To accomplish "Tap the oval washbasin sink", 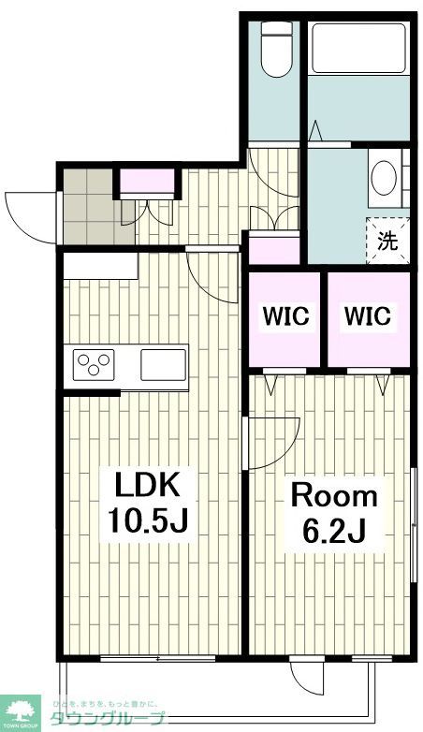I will [x=384, y=178].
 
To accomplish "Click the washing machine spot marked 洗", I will [x=387, y=239].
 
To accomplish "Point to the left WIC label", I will [x=285, y=316].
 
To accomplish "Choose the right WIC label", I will [x=368, y=316].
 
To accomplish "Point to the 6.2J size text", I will [x=332, y=531].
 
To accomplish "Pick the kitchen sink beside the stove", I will [x=163, y=363].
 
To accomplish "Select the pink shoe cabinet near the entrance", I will [x=147, y=181].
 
